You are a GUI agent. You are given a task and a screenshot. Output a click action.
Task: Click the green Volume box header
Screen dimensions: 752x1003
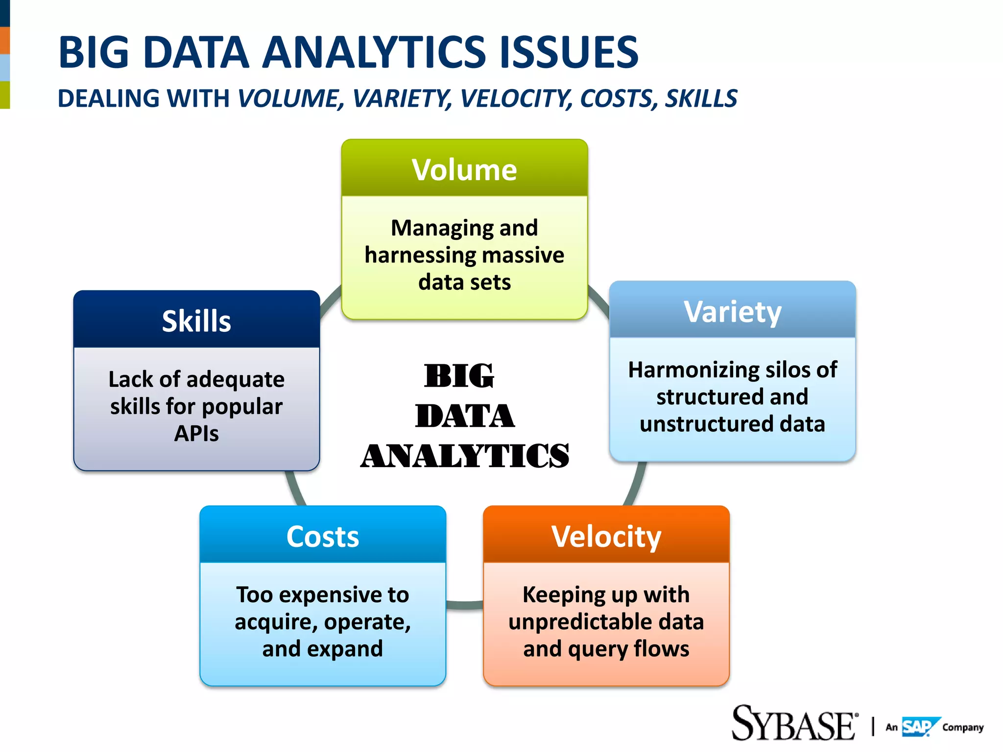[x=464, y=169]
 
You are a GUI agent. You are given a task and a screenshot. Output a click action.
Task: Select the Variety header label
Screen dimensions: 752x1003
[x=732, y=311]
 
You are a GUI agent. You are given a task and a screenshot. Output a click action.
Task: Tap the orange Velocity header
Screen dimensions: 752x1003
[x=606, y=536]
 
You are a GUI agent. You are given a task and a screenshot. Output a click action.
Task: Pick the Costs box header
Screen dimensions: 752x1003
[x=323, y=536]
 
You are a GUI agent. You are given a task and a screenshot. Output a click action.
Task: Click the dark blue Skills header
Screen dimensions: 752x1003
[x=196, y=321]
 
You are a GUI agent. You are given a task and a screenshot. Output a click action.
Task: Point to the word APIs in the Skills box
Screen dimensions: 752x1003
[x=196, y=433]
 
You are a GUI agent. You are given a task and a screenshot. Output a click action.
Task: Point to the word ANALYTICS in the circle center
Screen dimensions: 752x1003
[x=464, y=456]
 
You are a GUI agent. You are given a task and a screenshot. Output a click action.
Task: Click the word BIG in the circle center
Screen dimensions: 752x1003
[x=459, y=376]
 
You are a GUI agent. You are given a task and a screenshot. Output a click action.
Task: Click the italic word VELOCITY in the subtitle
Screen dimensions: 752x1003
[x=516, y=98]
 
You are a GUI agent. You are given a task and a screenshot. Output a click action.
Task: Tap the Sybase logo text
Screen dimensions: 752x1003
[x=793, y=724]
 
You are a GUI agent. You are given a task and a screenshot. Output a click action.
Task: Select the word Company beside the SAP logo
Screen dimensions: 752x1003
[x=962, y=728]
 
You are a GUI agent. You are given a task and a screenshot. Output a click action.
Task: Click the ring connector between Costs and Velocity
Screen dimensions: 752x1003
[x=464, y=605]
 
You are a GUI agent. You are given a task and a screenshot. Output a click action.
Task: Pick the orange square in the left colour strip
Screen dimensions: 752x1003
[x=5, y=41]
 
